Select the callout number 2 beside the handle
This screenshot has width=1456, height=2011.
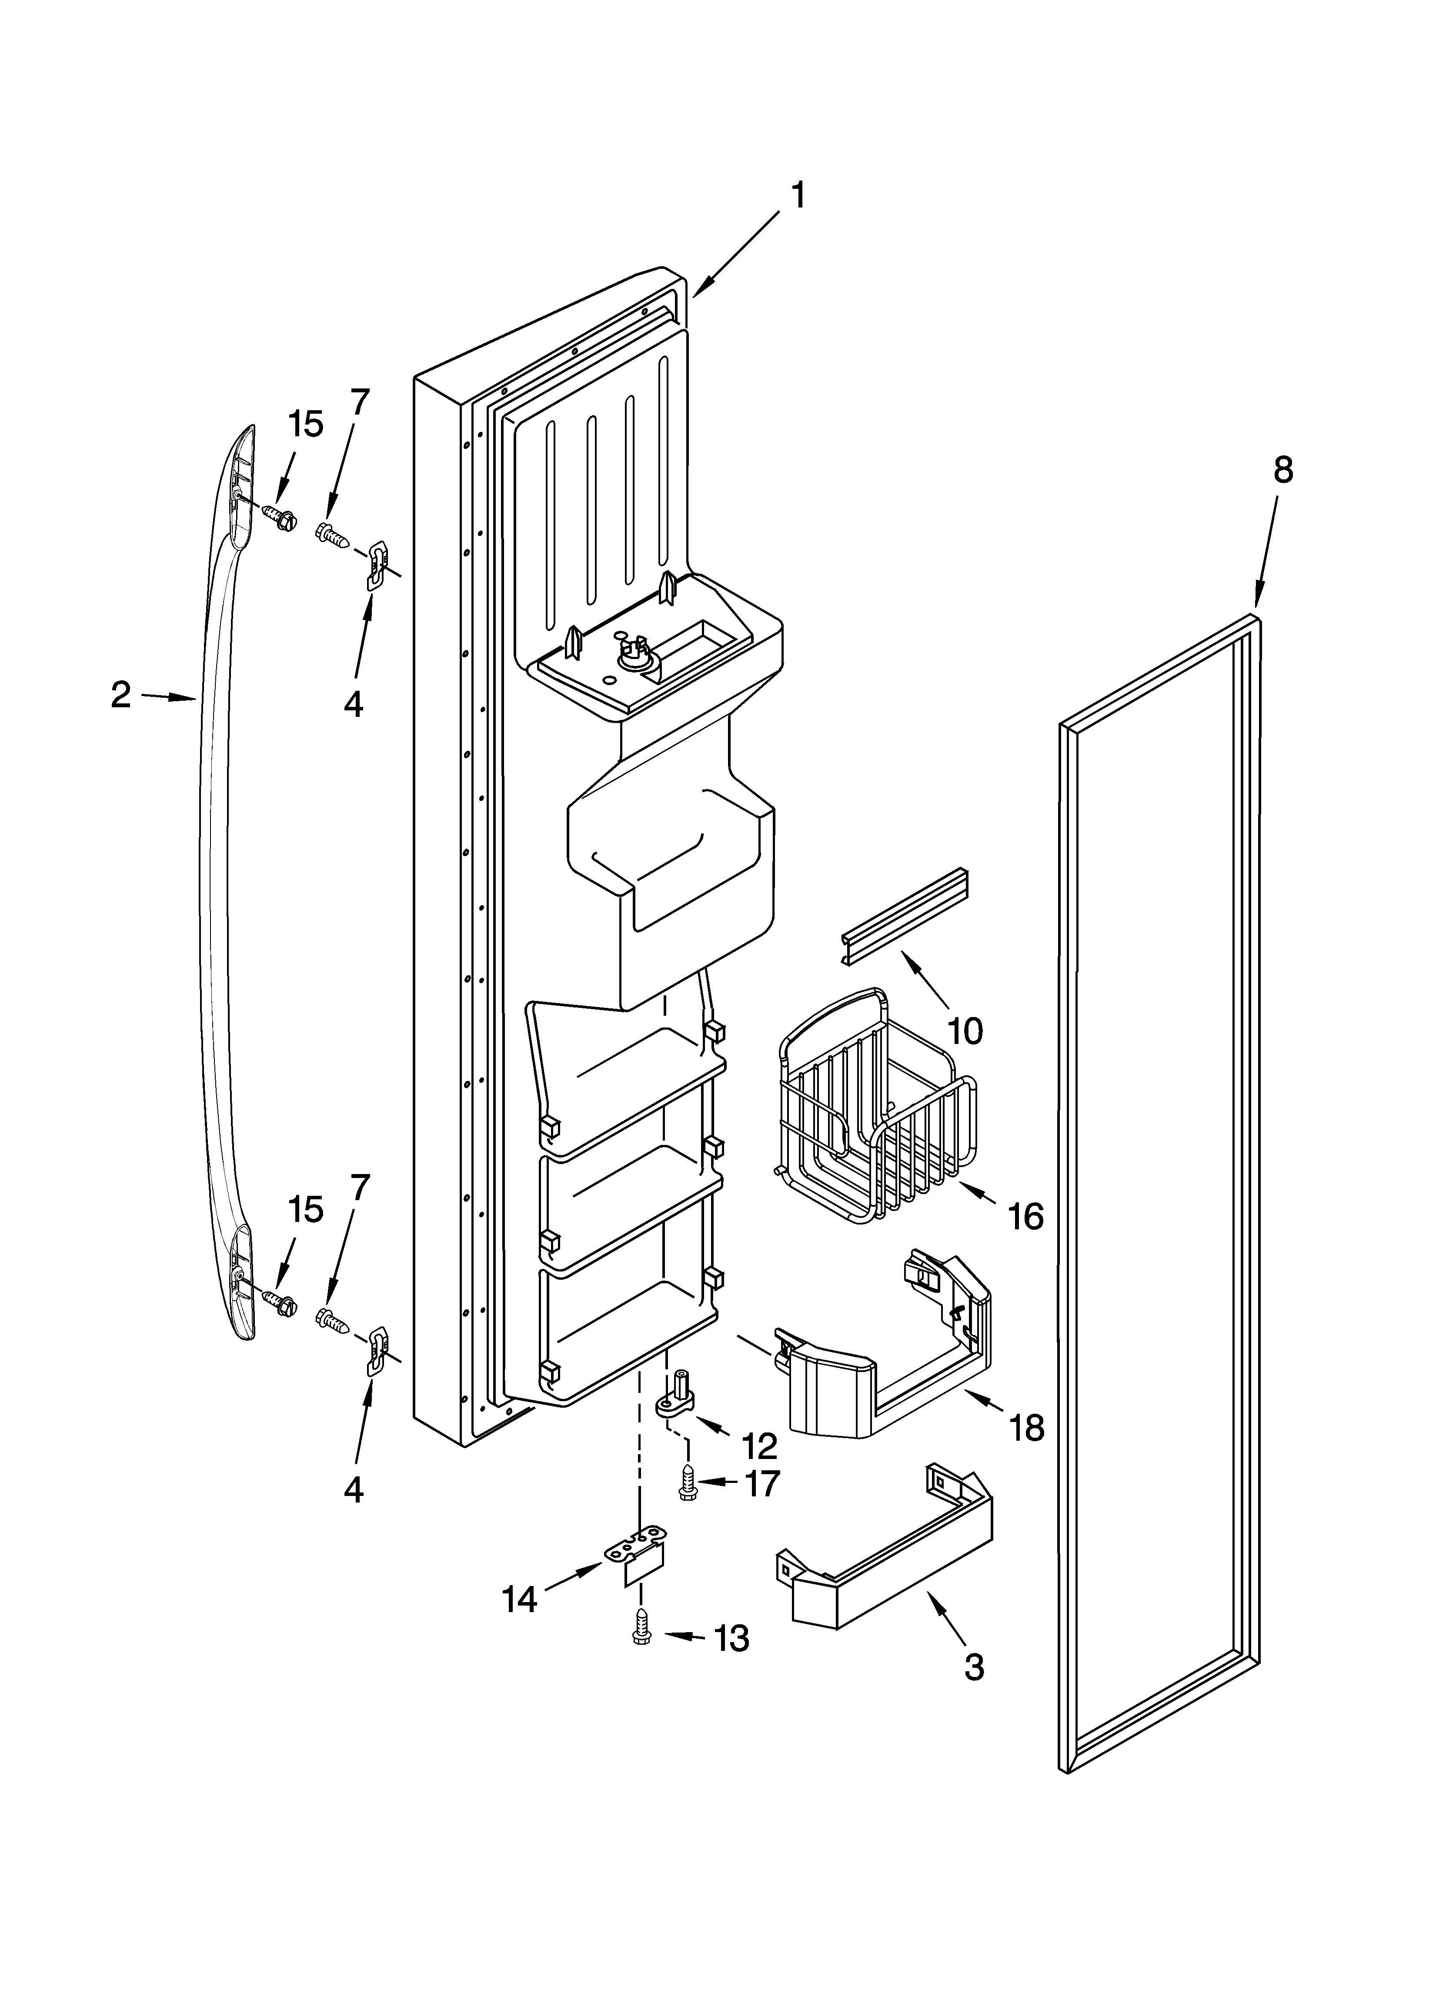(x=121, y=694)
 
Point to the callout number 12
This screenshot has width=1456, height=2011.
(x=759, y=1446)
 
